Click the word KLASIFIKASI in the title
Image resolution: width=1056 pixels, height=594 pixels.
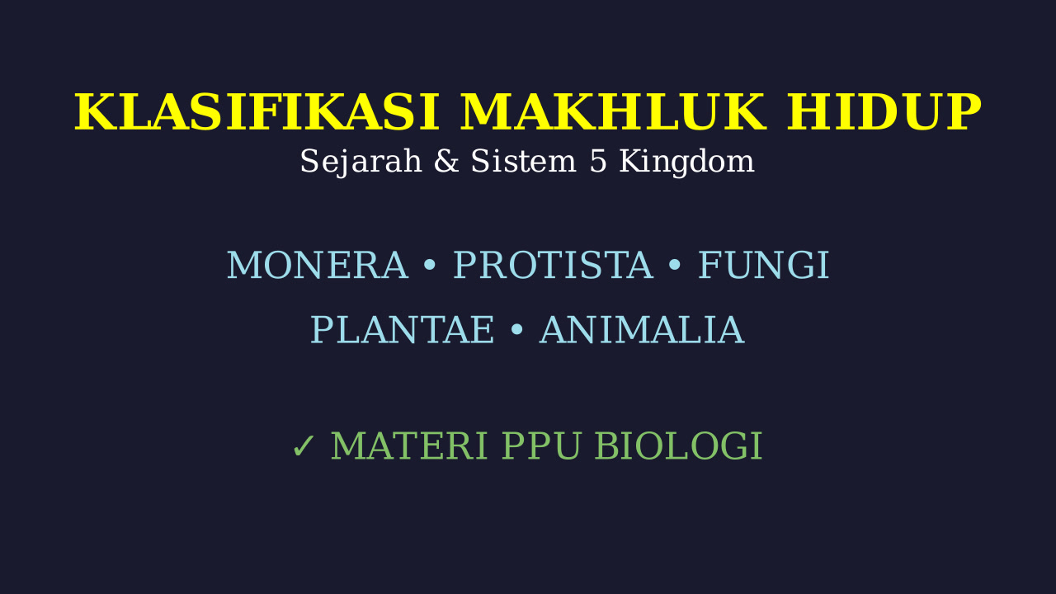pyautogui.click(x=257, y=112)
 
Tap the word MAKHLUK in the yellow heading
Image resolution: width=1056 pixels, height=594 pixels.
pyautogui.click(x=613, y=112)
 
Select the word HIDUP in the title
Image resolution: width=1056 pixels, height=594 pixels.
pyautogui.click(x=884, y=112)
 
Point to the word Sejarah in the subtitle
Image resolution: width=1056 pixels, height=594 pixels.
pyautogui.click(x=361, y=162)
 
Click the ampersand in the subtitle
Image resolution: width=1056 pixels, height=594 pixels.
pyautogui.click(x=446, y=161)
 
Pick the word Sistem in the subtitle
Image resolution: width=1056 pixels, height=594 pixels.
pyautogui.click(x=523, y=161)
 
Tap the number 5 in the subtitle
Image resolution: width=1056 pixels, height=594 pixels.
pyautogui.click(x=598, y=161)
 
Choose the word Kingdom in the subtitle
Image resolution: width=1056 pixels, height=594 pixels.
pyautogui.click(x=687, y=163)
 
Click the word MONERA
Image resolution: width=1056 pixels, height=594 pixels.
pyautogui.click(x=318, y=266)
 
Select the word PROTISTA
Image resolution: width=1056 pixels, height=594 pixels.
pyautogui.click(x=554, y=266)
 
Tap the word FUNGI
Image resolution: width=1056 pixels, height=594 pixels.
pyautogui.click(x=763, y=266)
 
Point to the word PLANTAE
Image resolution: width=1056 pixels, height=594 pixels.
pyautogui.click(x=402, y=331)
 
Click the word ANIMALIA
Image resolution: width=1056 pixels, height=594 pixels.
pyautogui.click(x=642, y=331)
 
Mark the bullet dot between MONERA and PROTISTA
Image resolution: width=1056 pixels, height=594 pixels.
pyautogui.click(x=430, y=266)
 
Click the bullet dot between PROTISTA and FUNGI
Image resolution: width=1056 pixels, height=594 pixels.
pyautogui.click(x=675, y=266)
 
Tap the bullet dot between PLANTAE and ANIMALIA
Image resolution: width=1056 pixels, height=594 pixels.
pyautogui.click(x=516, y=330)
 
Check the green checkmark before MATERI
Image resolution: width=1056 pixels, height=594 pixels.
pyautogui.click(x=303, y=446)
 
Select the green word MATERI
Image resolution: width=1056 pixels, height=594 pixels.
pyautogui.click(x=408, y=446)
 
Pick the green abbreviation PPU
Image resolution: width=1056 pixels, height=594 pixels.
pyautogui.click(x=540, y=446)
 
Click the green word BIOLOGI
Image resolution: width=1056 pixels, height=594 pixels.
pyautogui.click(x=678, y=446)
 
